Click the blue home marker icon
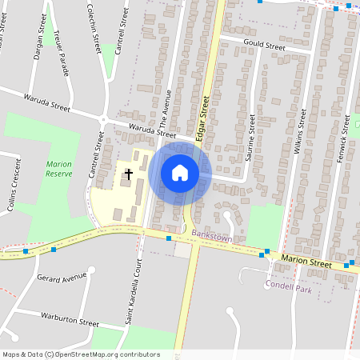180,173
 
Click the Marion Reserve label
58,169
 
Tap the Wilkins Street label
302,132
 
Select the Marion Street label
306,262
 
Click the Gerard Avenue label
61,278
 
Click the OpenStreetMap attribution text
81,354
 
